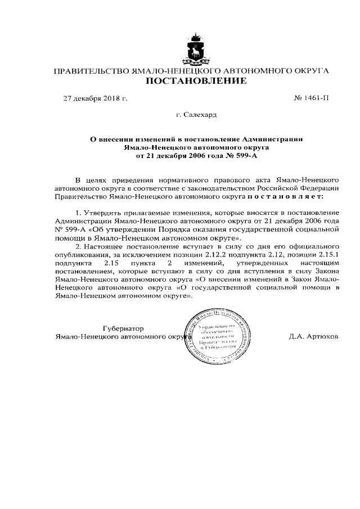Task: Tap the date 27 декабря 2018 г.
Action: pyautogui.click(x=95, y=98)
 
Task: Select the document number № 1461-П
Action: pyautogui.click(x=312, y=98)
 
